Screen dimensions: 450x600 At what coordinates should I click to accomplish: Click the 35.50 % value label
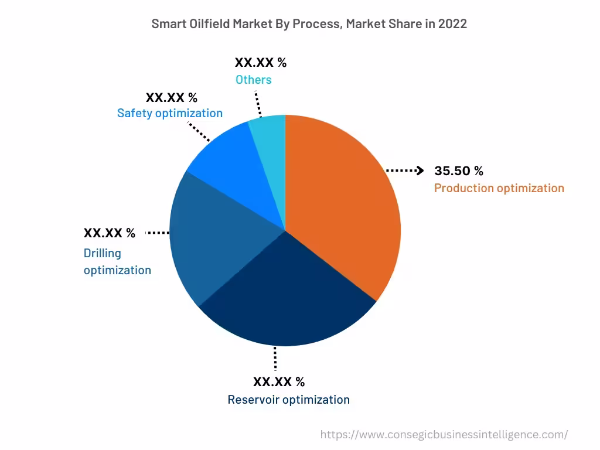(459, 171)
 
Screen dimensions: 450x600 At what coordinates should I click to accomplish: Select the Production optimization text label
(499, 188)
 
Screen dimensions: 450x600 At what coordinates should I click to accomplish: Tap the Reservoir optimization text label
(288, 400)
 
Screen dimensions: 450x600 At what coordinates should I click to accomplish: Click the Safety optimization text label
(170, 113)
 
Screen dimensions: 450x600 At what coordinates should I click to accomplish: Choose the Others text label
(253, 80)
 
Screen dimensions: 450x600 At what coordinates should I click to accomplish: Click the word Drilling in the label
(103, 253)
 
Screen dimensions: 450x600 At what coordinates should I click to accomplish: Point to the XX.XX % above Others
(261, 63)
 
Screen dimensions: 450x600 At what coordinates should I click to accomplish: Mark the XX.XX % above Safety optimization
(172, 97)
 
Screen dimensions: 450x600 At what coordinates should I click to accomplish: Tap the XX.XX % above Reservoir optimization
(279, 382)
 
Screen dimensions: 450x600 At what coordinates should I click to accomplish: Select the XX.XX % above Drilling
(110, 233)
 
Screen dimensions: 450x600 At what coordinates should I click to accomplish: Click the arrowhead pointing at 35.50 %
(420, 171)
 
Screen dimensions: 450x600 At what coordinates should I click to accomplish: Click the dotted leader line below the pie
(275, 358)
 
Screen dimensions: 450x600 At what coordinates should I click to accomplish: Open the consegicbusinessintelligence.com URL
(444, 435)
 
